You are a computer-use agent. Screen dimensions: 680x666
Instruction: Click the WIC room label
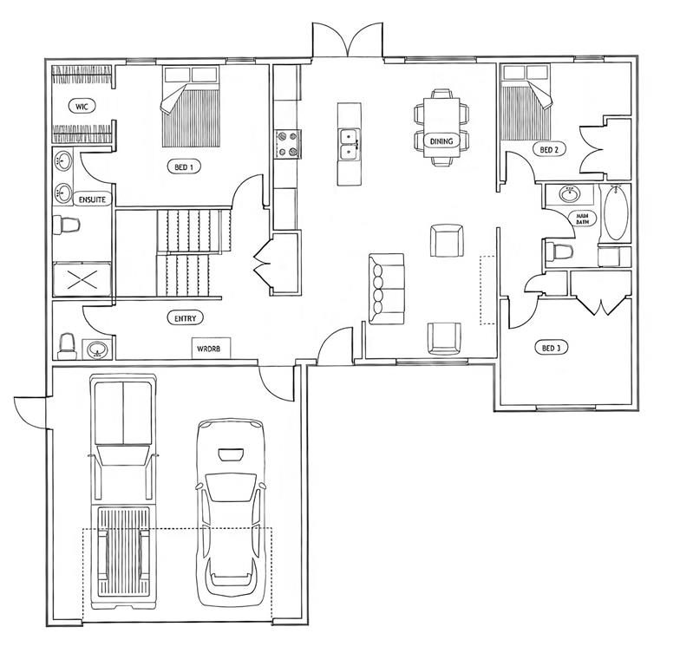click(x=82, y=106)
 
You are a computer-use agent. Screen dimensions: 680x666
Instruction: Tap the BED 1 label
click(x=184, y=166)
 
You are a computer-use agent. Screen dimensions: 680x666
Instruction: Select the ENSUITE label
click(x=92, y=199)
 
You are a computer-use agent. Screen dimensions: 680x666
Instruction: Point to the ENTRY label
click(x=186, y=318)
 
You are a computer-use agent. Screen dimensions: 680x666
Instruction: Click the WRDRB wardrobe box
click(x=212, y=349)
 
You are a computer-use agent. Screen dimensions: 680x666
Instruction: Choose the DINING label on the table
click(x=441, y=140)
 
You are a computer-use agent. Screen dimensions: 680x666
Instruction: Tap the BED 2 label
click(x=548, y=150)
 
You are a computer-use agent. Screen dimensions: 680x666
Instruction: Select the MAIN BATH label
click(x=583, y=219)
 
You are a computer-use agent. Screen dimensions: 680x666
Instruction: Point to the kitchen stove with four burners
click(x=288, y=144)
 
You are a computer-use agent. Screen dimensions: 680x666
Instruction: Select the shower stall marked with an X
click(x=82, y=279)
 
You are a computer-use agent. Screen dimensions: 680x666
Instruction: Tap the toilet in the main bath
click(x=559, y=251)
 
